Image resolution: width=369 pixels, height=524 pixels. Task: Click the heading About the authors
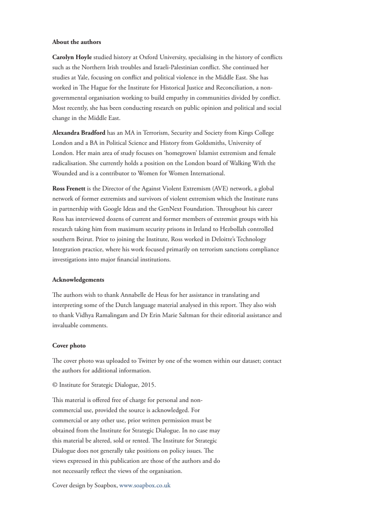click(x=77, y=42)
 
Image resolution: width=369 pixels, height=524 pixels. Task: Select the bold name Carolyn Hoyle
click(x=72, y=57)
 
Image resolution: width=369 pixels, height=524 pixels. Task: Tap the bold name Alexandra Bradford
click(x=78, y=133)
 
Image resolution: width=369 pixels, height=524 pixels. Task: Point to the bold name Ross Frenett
click(x=69, y=189)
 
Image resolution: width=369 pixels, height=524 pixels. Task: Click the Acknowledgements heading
click(x=78, y=280)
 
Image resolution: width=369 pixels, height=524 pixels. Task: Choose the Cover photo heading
click(x=69, y=345)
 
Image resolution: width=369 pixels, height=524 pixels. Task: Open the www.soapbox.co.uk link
click(x=144, y=485)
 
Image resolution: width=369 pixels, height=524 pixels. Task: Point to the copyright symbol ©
click(x=55, y=385)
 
